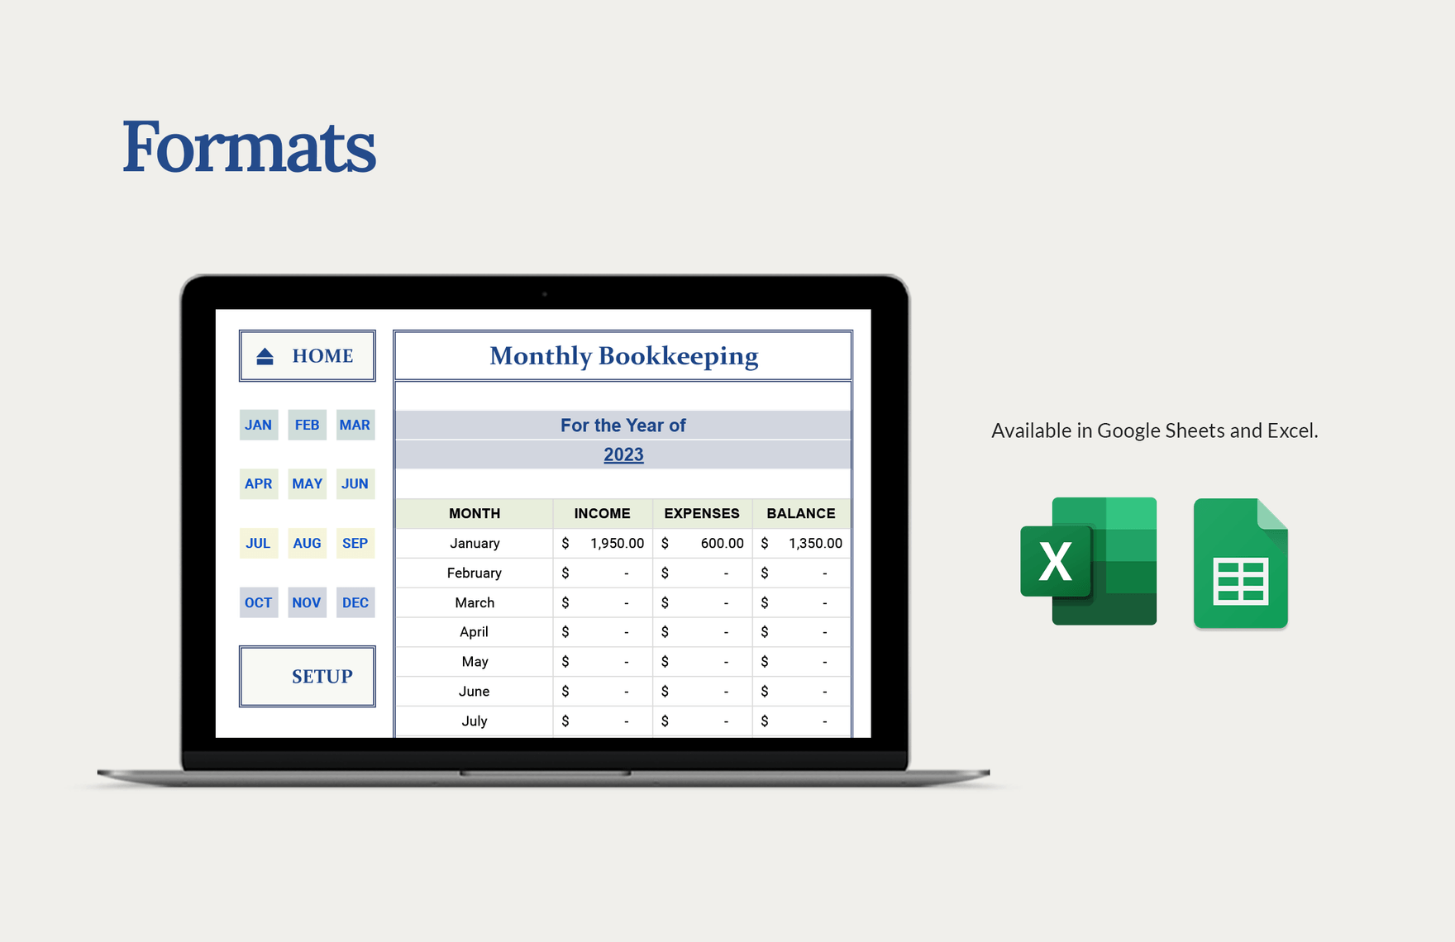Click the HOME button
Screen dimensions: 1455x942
coord(308,356)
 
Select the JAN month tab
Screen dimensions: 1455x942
coord(259,425)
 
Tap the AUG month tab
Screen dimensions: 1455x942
coord(307,543)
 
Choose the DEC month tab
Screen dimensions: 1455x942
coord(355,602)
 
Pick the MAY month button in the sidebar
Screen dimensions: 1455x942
coord(307,483)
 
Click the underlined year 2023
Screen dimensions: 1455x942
coord(623,454)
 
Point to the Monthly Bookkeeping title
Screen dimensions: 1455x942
coord(623,356)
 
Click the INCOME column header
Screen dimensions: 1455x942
coord(603,513)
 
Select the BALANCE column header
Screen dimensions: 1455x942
coord(801,513)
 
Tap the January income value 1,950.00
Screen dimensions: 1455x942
coord(617,543)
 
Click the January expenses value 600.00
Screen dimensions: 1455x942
coord(722,543)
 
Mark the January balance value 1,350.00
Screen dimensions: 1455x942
coord(815,543)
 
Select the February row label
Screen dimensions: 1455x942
coord(475,573)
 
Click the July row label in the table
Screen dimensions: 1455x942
coord(475,721)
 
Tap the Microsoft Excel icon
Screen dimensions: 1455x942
coord(1089,561)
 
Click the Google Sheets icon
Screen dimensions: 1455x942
coord(1241,563)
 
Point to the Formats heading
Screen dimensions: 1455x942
coord(250,147)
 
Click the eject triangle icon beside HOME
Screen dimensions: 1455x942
coord(265,356)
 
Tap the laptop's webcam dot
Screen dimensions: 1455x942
coord(544,293)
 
